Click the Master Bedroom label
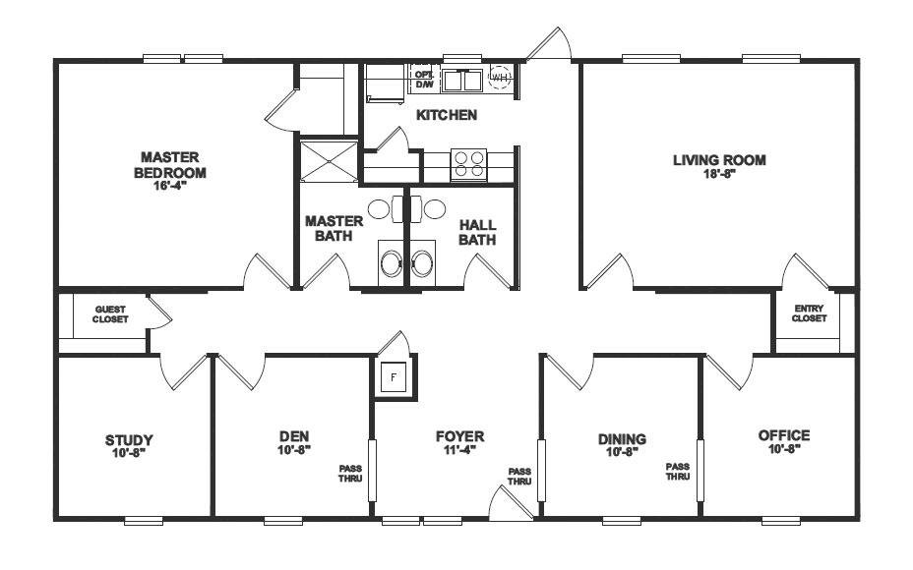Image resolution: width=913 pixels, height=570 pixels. [x=170, y=165]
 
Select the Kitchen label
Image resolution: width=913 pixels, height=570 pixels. [x=446, y=115]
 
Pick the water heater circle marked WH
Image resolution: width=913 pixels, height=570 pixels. [x=500, y=78]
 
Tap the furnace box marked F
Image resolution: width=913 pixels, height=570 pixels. [x=393, y=376]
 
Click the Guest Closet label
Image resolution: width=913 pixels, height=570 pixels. [x=110, y=313]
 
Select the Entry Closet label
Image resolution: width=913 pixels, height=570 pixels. [x=810, y=313]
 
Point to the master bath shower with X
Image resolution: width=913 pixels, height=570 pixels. [x=324, y=162]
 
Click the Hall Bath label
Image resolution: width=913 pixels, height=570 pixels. [x=477, y=232]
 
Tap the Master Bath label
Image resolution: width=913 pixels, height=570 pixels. [x=334, y=228]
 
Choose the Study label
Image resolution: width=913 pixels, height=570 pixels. [x=129, y=439]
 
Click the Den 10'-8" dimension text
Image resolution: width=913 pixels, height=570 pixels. [x=294, y=450]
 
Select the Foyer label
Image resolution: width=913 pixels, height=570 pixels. [x=459, y=436]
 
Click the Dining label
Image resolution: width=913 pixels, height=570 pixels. [x=622, y=438]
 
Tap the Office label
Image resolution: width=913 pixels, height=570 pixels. [x=784, y=435]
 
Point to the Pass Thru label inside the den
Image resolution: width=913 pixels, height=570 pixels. [x=351, y=474]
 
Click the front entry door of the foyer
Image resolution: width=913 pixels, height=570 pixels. [x=512, y=504]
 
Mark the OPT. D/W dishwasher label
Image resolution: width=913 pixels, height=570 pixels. [x=424, y=79]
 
